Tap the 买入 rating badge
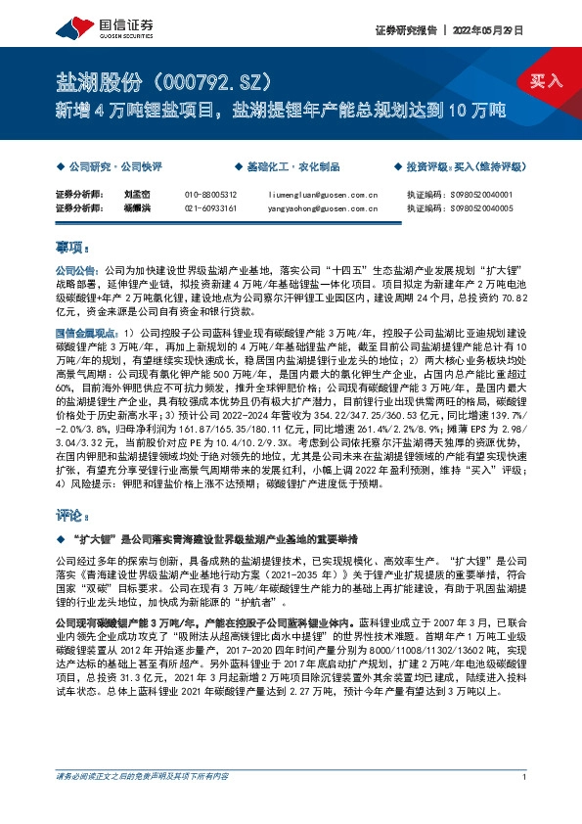tap(546, 81)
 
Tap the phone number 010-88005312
tap(210, 194)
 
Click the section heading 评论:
tap(73, 514)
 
